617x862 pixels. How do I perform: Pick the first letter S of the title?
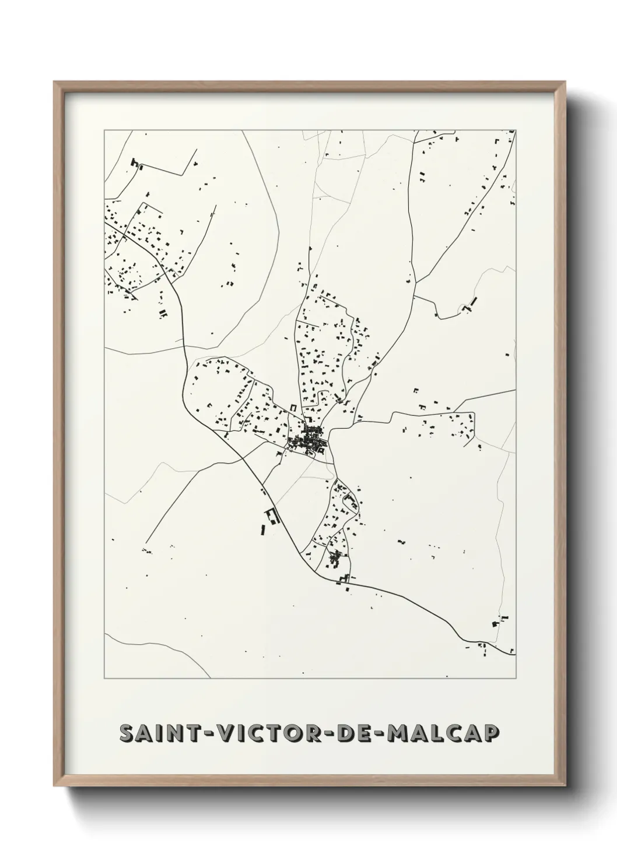(126, 733)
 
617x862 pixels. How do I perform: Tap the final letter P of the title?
(492, 733)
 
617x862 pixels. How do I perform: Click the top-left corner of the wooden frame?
(55, 83)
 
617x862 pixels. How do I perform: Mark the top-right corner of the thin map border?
(516, 130)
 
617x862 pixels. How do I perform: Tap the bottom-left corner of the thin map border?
(104, 678)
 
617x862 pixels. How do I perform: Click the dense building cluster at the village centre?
(308, 440)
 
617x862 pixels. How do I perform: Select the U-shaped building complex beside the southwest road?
(272, 516)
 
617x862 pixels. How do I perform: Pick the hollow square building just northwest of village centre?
(294, 409)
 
